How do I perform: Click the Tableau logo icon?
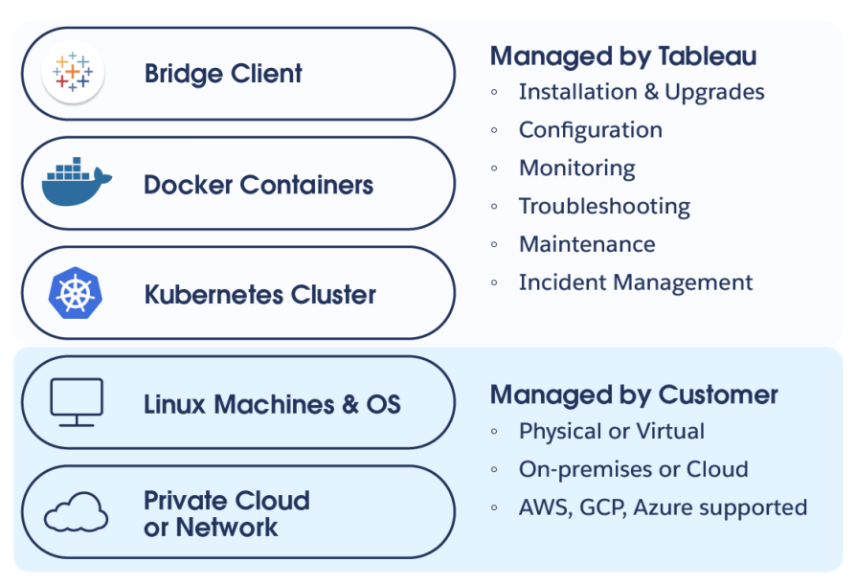pos(73,74)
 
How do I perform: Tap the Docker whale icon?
pos(77,184)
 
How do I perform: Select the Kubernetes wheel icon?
pos(75,294)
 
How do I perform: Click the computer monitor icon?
pos(76,402)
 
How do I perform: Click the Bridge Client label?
pos(223,74)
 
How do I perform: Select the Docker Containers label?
pos(259,184)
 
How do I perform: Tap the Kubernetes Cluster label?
pos(260,294)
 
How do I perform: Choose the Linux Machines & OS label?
pos(272,403)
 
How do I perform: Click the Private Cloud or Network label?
pos(227,513)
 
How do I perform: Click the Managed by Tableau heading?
pos(623,56)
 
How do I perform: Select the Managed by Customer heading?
pos(634,394)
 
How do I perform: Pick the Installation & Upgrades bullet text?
pos(642,92)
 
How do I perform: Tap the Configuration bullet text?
pos(591,130)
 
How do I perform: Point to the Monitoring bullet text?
pos(577,169)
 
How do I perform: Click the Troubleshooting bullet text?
pos(604,207)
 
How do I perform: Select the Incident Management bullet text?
pos(636,282)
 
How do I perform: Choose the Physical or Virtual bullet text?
pos(612,431)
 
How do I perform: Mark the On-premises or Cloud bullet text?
pos(634,469)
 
